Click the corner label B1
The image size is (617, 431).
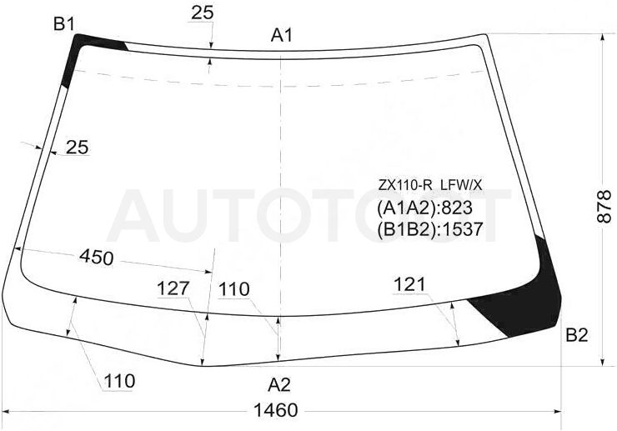(x=63, y=25)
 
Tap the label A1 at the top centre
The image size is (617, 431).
(x=281, y=36)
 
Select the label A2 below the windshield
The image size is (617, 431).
(x=279, y=384)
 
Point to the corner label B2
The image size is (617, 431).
(x=576, y=335)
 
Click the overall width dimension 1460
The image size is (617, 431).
(x=275, y=410)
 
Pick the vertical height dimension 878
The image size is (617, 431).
(x=604, y=206)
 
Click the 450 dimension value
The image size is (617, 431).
(x=97, y=258)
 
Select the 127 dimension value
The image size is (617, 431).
(x=173, y=288)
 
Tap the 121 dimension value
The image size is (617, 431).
(x=409, y=284)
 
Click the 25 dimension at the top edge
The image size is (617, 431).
(x=203, y=13)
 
